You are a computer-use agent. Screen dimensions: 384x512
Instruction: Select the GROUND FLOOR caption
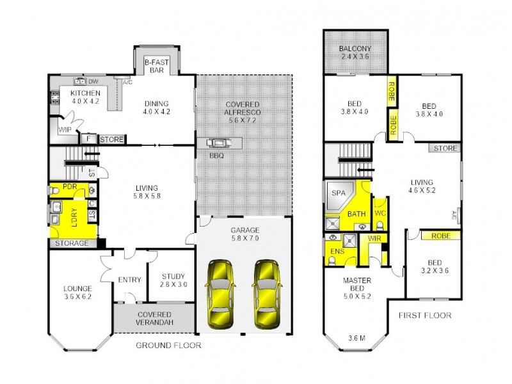pos(168,346)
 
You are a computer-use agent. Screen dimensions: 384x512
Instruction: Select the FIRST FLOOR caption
pos(425,315)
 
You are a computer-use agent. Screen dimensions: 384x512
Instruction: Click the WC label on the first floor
pos(379,213)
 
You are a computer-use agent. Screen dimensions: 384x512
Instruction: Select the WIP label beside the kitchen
pos(65,129)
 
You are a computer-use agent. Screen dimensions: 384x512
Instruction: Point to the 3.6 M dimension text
pos(357,339)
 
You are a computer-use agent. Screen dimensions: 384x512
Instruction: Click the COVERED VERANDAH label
pos(154,319)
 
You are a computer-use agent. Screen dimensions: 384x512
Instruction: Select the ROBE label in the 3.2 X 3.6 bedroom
pos(440,236)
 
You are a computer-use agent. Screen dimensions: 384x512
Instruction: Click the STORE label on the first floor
pos(445,148)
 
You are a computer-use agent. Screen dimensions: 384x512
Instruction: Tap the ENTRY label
pos(130,280)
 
